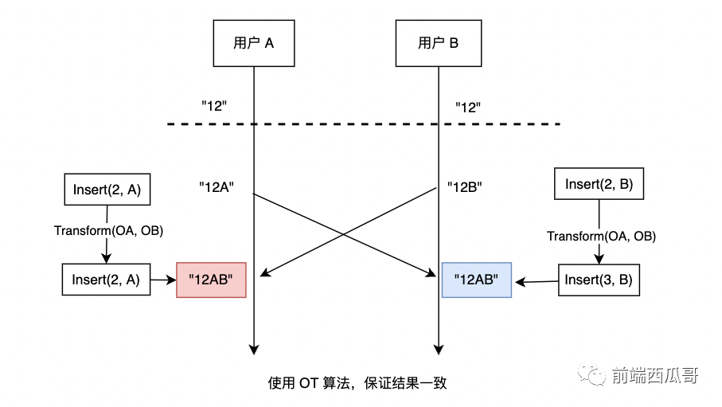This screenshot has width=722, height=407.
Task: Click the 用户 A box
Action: click(x=254, y=43)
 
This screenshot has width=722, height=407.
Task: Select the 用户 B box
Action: click(x=437, y=43)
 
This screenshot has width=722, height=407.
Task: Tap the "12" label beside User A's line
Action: click(x=214, y=106)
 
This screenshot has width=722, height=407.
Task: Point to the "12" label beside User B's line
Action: click(x=467, y=107)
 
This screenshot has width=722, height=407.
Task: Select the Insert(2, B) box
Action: click(x=598, y=185)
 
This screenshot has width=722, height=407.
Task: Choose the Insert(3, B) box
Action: click(x=598, y=280)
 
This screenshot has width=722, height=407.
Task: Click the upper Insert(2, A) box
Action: click(x=106, y=189)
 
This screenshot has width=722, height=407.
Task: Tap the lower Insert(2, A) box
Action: click(x=106, y=280)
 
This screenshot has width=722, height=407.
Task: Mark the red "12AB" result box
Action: click(x=211, y=280)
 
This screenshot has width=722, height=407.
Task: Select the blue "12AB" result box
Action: click(x=476, y=280)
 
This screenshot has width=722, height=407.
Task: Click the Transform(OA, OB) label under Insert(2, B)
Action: click(x=601, y=237)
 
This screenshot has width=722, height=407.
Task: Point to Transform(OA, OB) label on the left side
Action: click(x=107, y=231)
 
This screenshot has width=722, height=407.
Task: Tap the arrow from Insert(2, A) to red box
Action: click(x=163, y=280)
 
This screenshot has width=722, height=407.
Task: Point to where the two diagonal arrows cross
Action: click(x=345, y=234)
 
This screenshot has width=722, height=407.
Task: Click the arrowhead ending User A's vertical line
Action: click(x=254, y=349)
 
